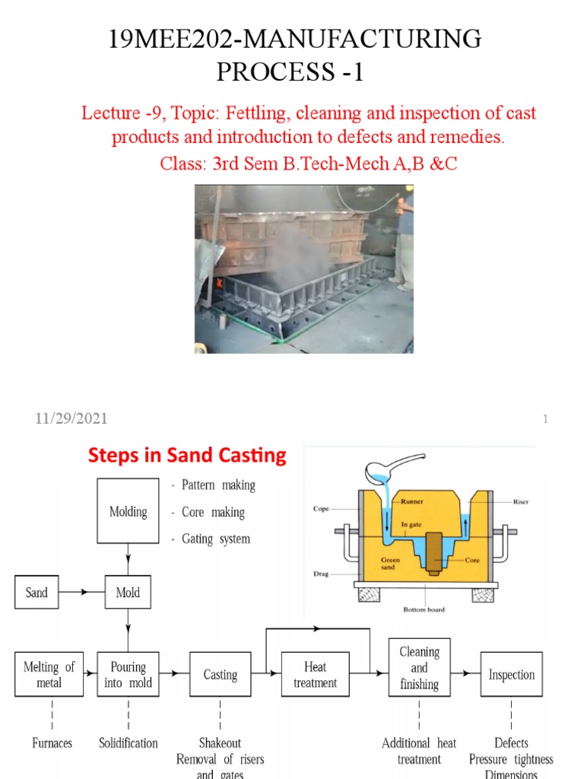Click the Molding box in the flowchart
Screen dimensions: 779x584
pos(128,512)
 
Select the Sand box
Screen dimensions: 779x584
pos(36,593)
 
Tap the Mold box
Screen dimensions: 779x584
pos(128,593)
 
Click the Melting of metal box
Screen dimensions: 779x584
pos(49,674)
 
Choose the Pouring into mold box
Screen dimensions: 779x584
pos(128,674)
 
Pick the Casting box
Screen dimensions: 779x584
pos(220,674)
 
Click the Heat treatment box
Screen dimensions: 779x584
pos(314,674)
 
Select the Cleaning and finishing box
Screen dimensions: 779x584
pos(419,668)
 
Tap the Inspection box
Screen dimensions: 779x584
pos(511,674)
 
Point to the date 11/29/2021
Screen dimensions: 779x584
pos(71,418)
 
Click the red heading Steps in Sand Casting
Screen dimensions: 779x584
pos(187,456)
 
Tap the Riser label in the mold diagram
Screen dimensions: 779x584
pos(521,502)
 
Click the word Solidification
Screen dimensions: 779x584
pos(129,742)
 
